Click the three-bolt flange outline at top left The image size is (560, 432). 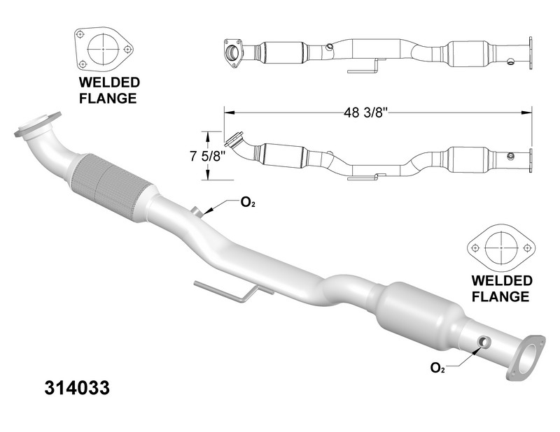[x=104, y=50]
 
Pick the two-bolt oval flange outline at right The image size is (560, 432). [x=500, y=248]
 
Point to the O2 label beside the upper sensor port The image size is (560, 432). [x=248, y=203]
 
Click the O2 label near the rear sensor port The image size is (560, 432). [x=437, y=368]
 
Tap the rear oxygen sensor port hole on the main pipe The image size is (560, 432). [x=483, y=342]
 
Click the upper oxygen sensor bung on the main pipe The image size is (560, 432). [x=196, y=211]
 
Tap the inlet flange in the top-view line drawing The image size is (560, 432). [x=231, y=53]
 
